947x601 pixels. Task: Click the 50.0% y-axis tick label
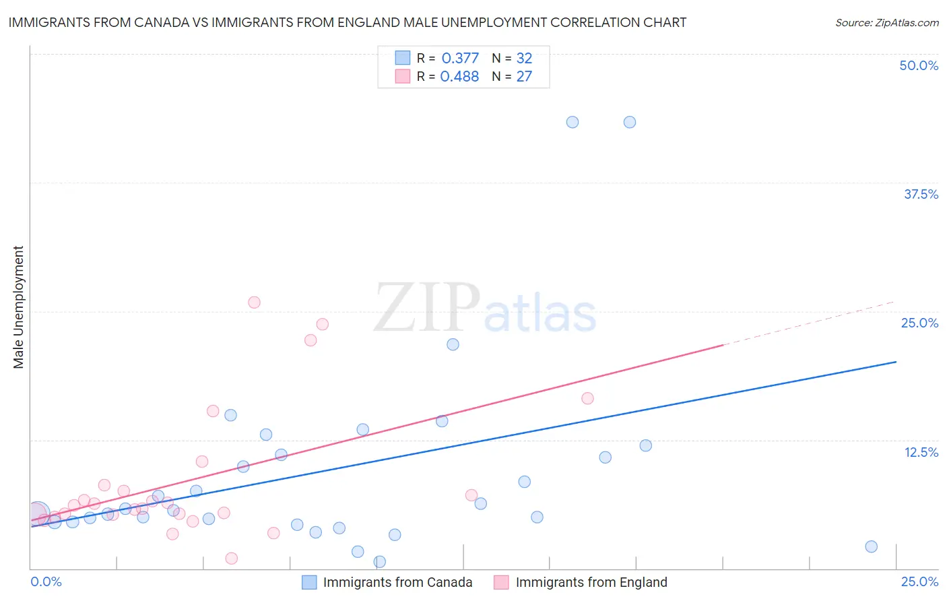pos(919,65)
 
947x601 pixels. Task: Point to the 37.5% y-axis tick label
pos(921,194)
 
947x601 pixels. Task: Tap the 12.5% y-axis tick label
pos(921,452)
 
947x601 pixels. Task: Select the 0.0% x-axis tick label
pos(46,581)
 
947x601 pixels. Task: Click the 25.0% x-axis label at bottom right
pos(919,581)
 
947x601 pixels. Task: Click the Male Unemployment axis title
pos(18,307)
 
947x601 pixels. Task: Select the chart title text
pos(348,22)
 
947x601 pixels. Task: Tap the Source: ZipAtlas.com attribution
pos(886,22)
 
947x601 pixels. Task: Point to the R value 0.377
pos(460,59)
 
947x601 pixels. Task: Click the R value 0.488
pos(459,77)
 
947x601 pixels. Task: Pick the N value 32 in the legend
pos(524,59)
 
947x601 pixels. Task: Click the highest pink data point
pos(254,303)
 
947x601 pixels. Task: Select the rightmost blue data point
pos(871,546)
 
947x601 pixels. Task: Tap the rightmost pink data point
pos(587,398)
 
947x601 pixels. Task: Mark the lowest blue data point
pos(379,562)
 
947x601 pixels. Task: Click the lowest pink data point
pos(232,558)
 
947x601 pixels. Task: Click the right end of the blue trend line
pos(896,362)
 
